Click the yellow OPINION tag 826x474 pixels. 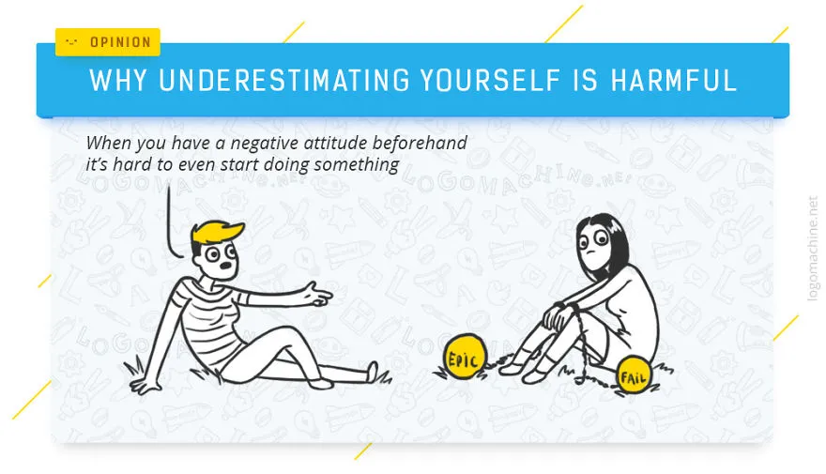click(107, 41)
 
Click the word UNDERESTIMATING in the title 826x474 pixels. click(283, 81)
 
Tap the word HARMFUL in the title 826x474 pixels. click(674, 81)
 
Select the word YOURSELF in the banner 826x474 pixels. click(490, 81)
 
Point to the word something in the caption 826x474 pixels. click(357, 165)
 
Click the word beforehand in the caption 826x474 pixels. click(420, 143)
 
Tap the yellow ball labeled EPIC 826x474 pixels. click(464, 357)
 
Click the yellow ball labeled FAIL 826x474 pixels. click(634, 375)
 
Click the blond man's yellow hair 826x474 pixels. click(216, 234)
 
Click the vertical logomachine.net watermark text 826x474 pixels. click(812, 249)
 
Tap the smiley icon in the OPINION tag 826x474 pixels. click(71, 41)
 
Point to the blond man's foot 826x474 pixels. click(372, 372)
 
